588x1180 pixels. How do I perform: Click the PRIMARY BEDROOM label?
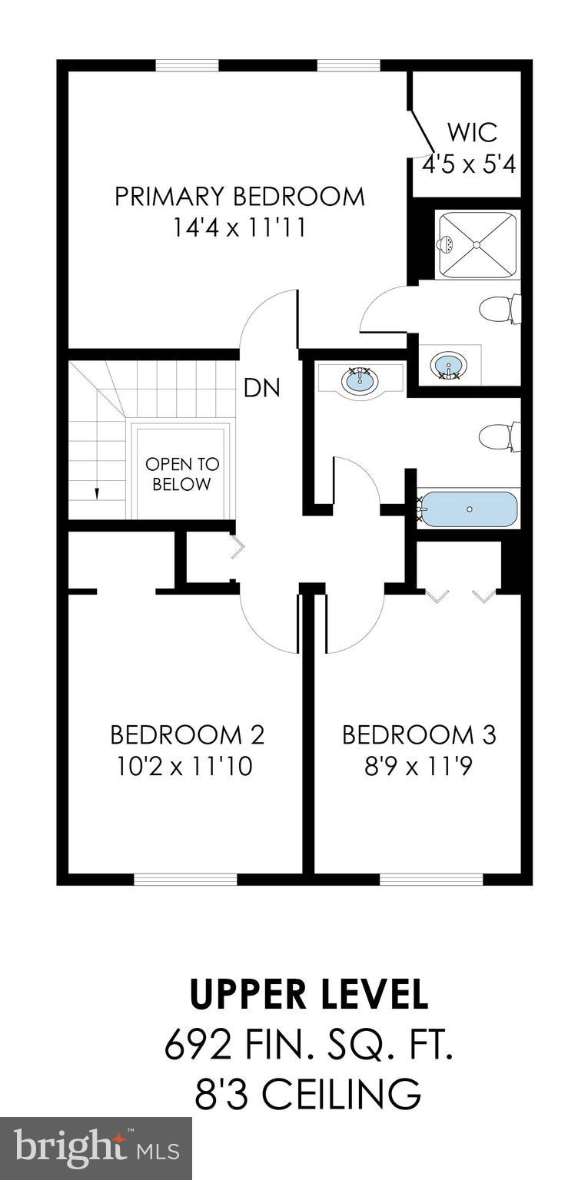(x=239, y=197)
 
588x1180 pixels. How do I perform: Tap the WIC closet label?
(x=472, y=132)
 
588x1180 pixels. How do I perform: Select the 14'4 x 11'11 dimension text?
(x=239, y=228)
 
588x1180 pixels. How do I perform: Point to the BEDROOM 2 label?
(x=187, y=735)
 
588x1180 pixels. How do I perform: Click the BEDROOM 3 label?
(x=419, y=735)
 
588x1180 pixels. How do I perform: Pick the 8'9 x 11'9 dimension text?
(x=419, y=767)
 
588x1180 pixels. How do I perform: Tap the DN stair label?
(x=261, y=388)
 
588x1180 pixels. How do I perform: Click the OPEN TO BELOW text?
(x=182, y=474)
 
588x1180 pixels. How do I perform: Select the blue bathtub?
(x=470, y=509)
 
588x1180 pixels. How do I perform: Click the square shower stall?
(x=477, y=244)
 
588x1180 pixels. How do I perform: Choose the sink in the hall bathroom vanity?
(x=360, y=380)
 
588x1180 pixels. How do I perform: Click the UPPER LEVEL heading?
(x=308, y=995)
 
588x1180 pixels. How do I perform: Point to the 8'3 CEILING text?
(x=308, y=1095)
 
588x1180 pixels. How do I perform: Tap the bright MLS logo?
(x=96, y=1149)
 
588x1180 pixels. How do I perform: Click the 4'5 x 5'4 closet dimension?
(x=469, y=164)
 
